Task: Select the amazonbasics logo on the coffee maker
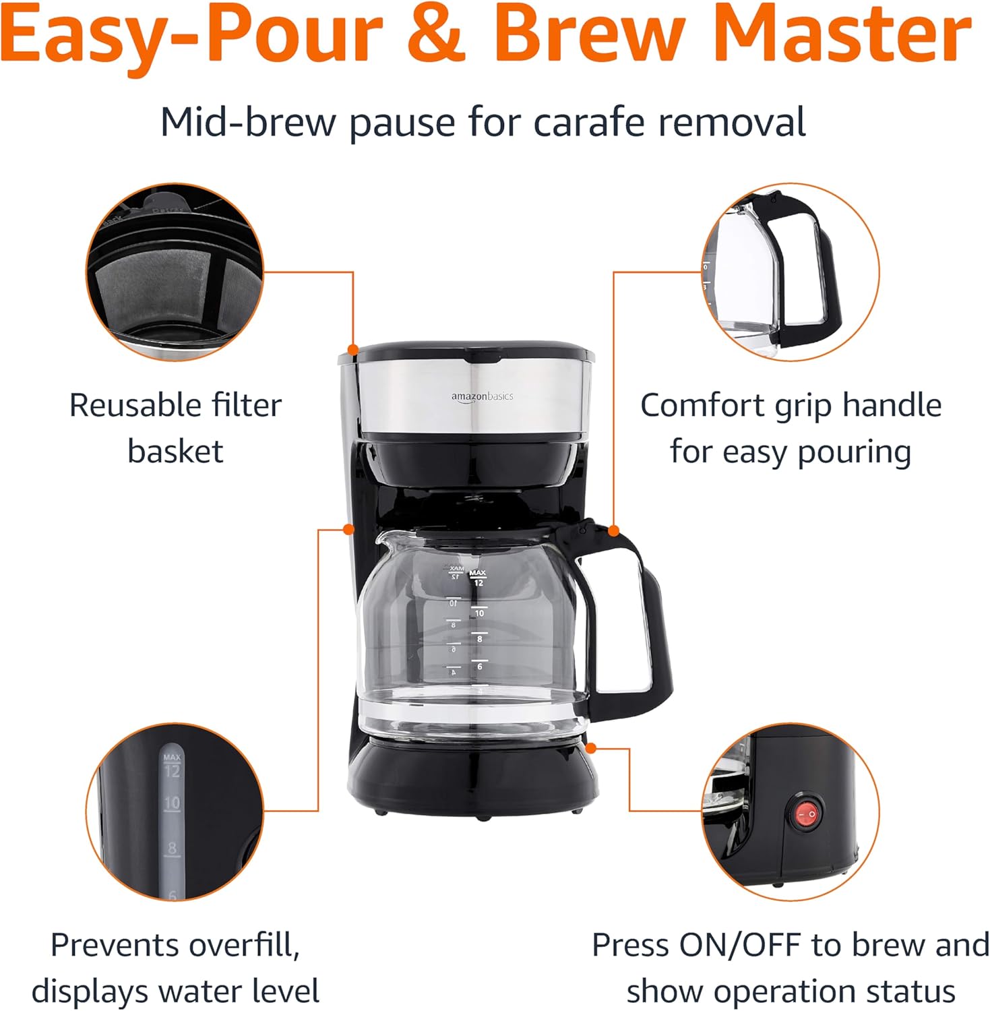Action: [x=482, y=396]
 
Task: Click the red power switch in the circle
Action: [x=807, y=814]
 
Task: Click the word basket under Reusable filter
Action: [x=175, y=452]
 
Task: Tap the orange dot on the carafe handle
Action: [x=613, y=531]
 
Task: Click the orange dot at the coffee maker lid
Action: [x=352, y=349]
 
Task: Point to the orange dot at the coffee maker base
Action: [x=591, y=748]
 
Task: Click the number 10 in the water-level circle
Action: [x=173, y=803]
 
